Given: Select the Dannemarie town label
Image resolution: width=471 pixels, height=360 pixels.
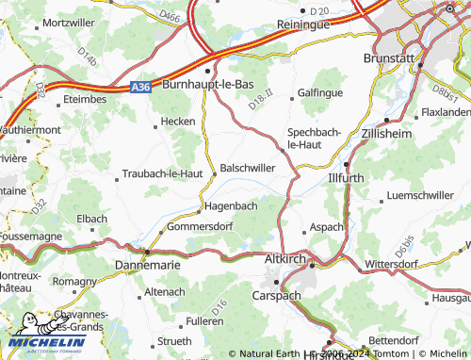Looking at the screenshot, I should (x=145, y=268).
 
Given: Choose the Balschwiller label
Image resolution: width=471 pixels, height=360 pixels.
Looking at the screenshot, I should (x=249, y=168).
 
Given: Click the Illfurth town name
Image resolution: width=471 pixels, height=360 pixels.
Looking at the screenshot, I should (x=346, y=177).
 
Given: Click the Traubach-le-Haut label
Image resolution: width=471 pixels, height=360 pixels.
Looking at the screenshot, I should (x=163, y=174).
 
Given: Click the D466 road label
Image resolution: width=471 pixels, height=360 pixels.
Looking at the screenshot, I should (x=171, y=16).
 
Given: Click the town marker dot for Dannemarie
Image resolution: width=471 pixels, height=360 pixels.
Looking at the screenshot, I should (x=146, y=253).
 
